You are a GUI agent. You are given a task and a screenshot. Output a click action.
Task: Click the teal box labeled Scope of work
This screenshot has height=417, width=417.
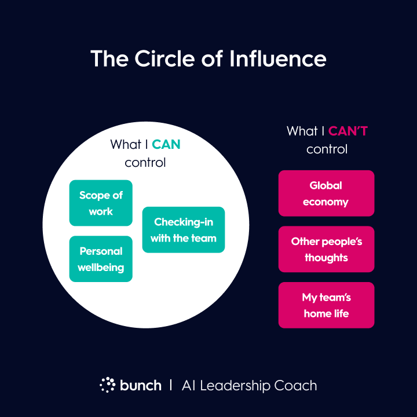coord(101,203)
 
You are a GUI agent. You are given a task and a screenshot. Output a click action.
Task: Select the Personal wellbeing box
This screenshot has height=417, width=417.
coord(101,259)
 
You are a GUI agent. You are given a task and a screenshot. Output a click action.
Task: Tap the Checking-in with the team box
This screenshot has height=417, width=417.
coord(184,230)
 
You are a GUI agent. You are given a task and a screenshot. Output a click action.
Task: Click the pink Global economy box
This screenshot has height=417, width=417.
coord(326,193)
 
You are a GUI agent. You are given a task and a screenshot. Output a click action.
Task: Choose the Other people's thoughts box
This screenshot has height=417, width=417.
coord(326,249)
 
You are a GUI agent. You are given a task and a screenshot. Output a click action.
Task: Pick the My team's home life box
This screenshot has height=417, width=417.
coord(326,305)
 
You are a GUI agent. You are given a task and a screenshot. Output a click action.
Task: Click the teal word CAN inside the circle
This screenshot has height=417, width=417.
coord(166,145)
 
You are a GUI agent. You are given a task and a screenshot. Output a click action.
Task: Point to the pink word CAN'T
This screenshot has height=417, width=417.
coord(348,131)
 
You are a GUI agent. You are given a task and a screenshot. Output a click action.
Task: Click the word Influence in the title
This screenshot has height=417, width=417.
coord(278,58)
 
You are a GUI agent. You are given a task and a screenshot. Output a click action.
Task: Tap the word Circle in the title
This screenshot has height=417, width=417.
coord(164,58)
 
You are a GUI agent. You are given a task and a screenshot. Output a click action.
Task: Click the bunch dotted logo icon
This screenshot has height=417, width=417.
coord(108,385)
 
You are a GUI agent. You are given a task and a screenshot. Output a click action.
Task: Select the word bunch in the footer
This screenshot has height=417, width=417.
coord(141,385)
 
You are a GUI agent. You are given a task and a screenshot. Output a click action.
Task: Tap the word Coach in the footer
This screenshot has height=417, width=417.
coord(295,386)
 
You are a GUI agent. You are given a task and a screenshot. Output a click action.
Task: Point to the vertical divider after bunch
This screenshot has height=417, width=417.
coord(171,385)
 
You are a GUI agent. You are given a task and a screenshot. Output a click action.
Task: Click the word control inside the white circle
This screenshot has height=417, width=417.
coord(145,163)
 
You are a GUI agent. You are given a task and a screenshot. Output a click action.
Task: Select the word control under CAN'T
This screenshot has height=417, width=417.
coord(327,149)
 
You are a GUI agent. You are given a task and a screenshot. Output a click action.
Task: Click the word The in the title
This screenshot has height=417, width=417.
coord(109,58)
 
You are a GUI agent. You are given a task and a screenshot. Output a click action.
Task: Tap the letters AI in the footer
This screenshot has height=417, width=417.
coord(189,386)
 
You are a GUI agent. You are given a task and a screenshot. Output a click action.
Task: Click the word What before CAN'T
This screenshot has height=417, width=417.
coord(302,131)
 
